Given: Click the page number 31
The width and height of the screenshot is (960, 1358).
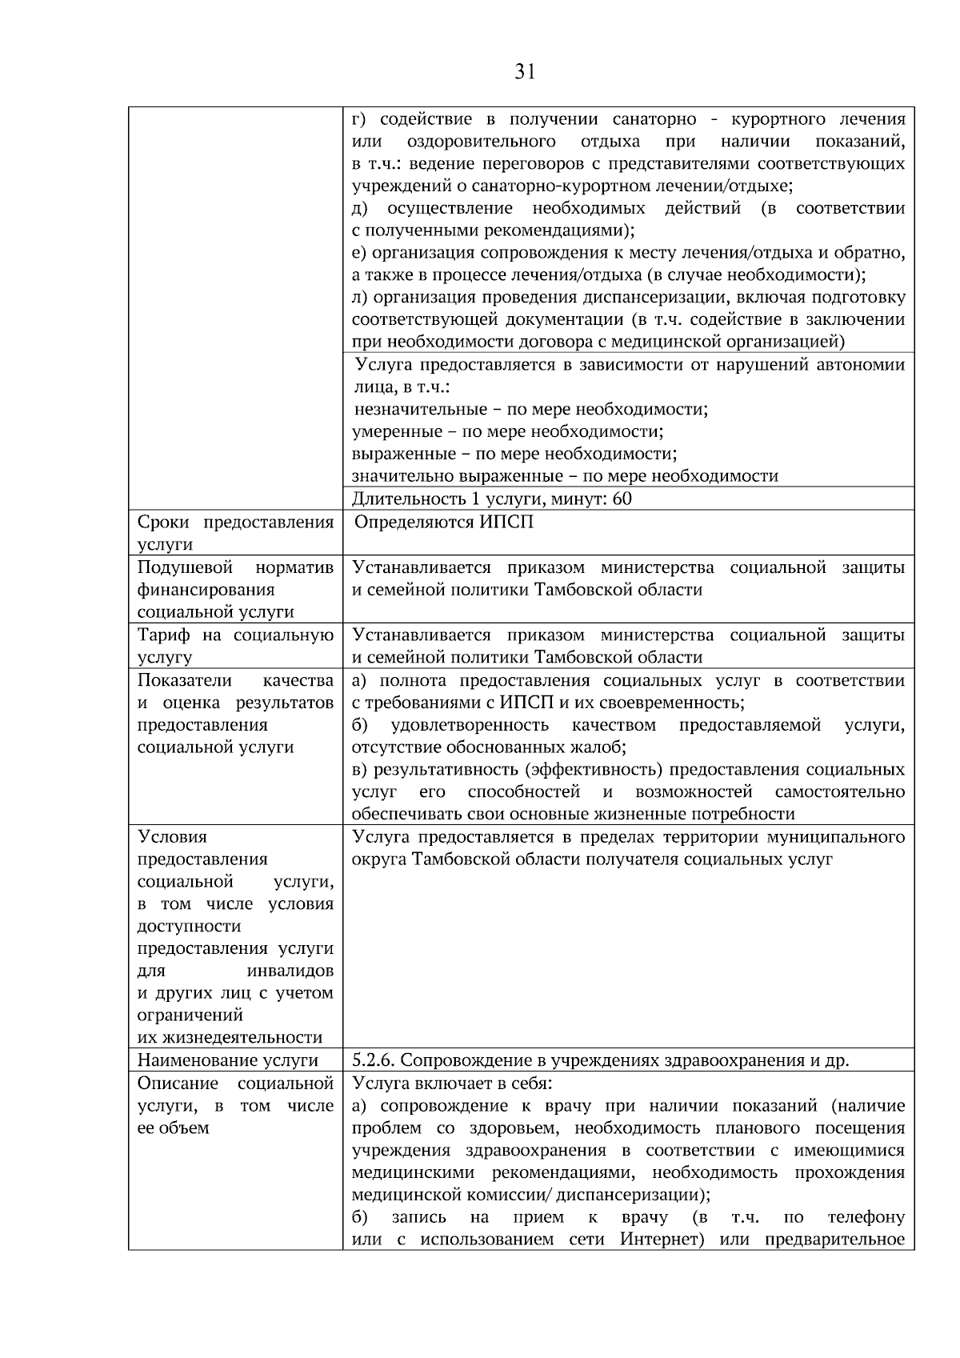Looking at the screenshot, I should (x=524, y=73).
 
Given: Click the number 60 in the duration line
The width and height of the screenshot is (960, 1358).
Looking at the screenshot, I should (x=622, y=499).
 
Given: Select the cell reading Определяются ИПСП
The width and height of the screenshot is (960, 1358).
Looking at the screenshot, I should (x=443, y=523).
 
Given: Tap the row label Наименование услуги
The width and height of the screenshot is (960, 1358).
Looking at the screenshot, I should (x=228, y=1060).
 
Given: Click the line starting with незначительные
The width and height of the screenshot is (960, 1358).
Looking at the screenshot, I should (x=530, y=410).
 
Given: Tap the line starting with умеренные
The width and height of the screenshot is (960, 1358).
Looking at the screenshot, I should (x=508, y=432).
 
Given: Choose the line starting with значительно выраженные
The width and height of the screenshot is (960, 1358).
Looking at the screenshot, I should (x=565, y=476).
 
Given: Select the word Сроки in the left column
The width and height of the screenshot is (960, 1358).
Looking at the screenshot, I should (x=163, y=523).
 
